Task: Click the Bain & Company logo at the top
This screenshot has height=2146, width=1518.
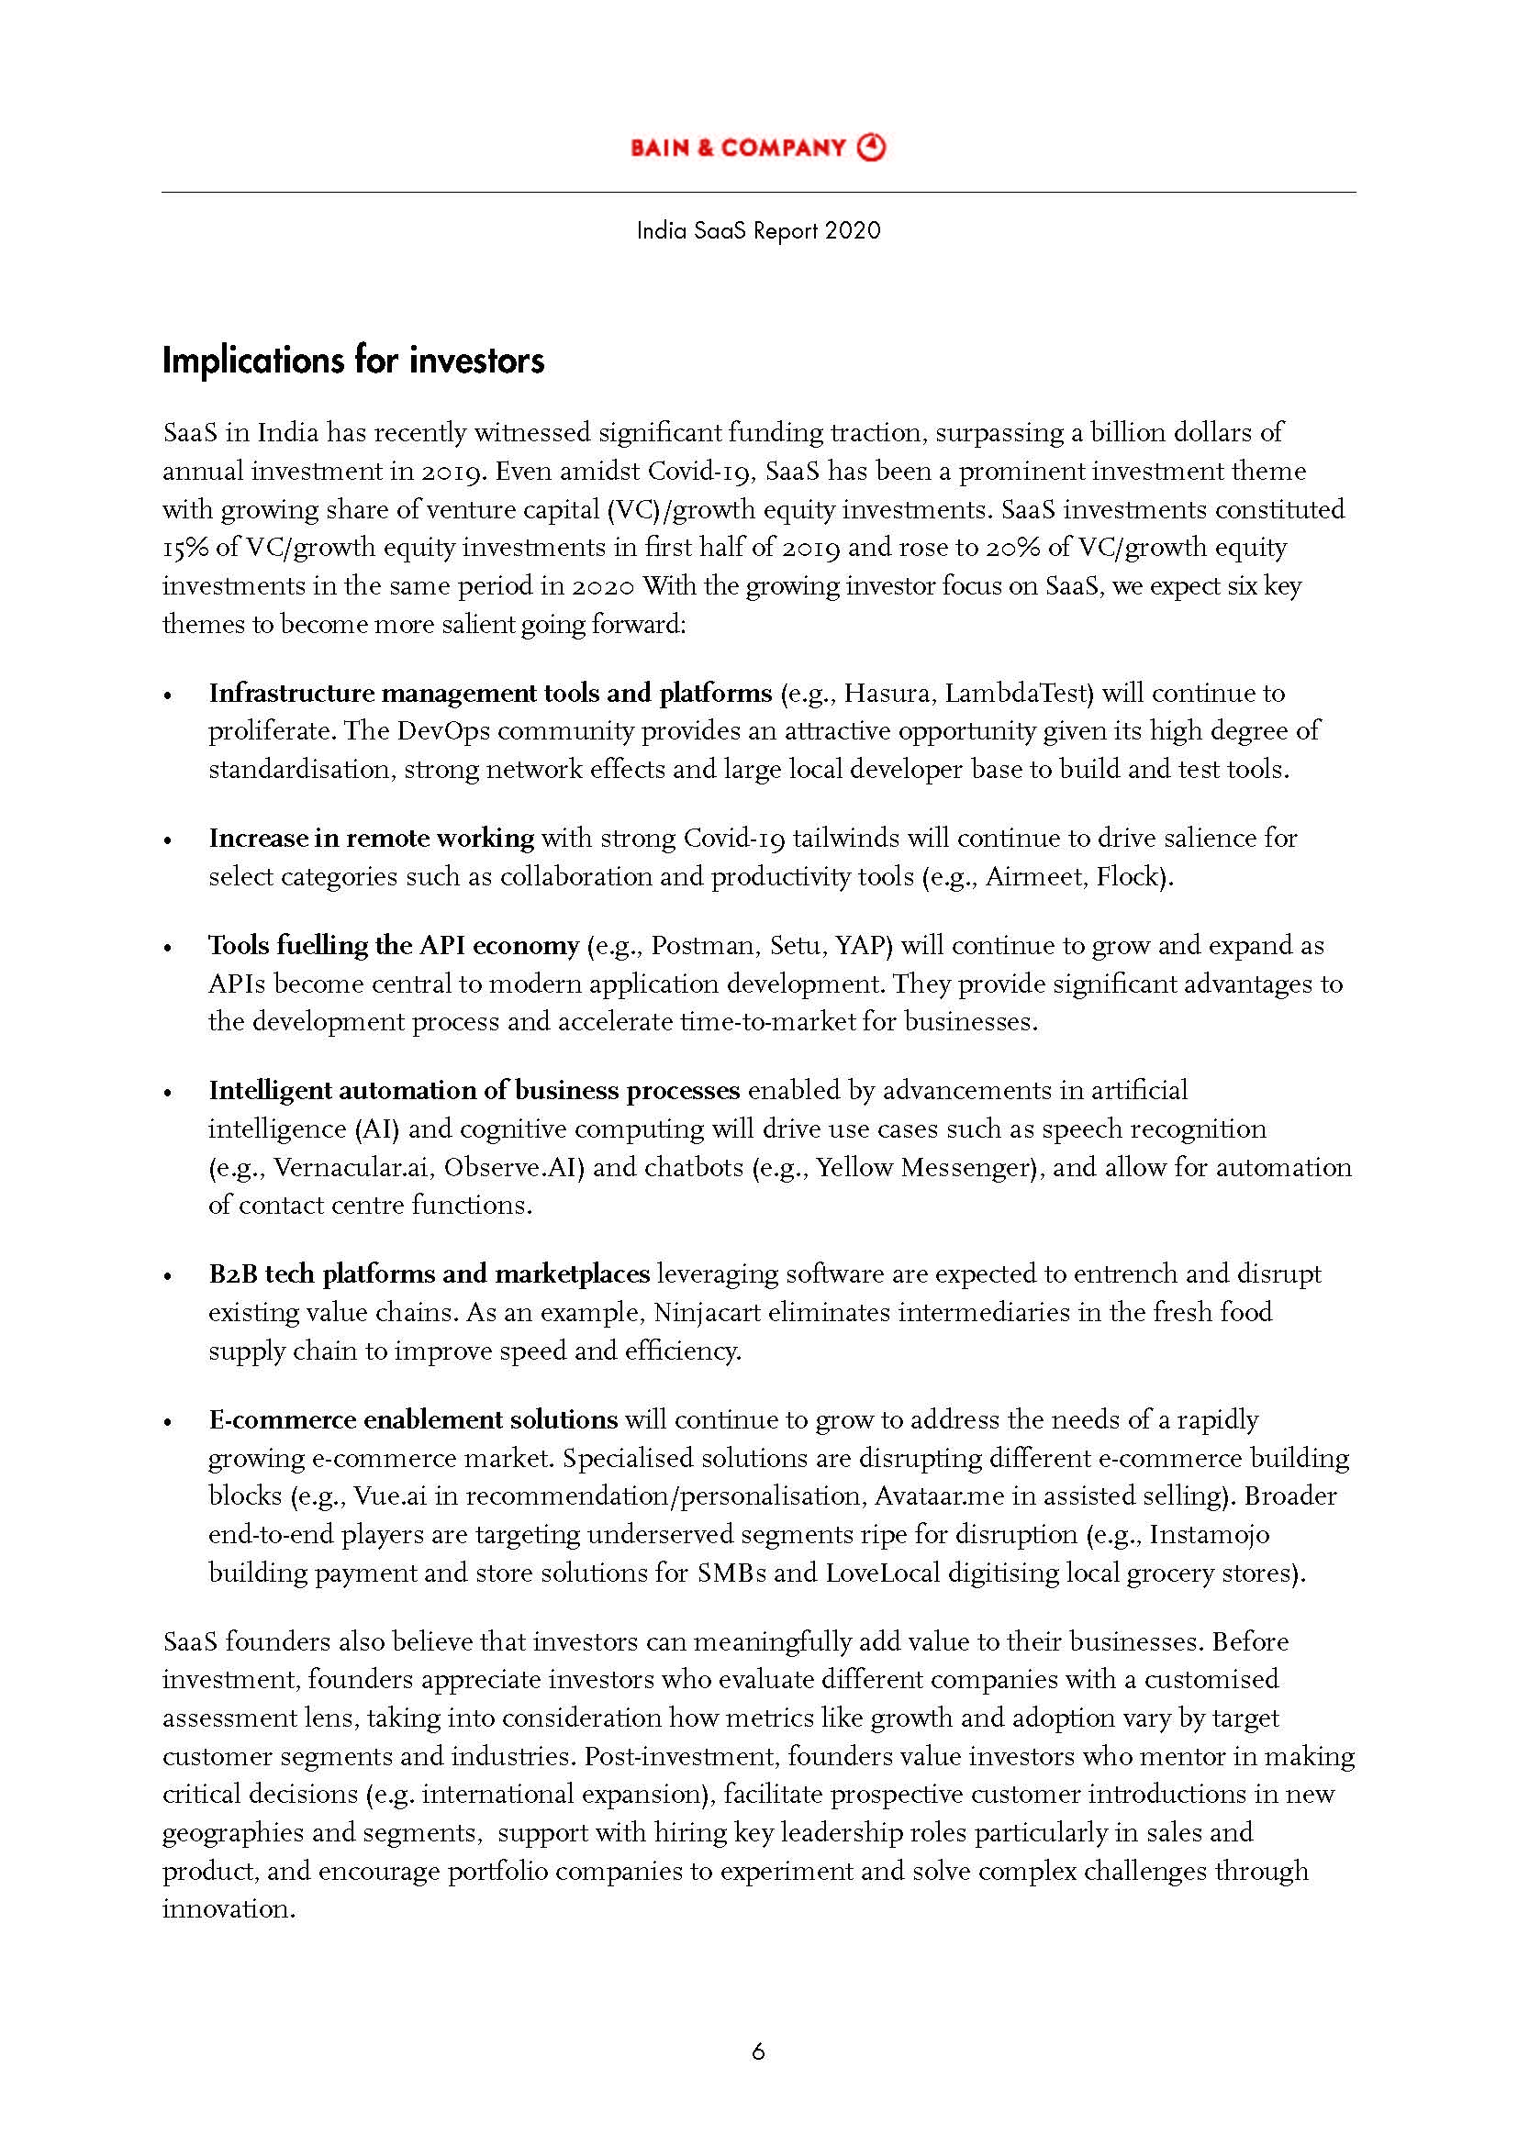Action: pos(757,148)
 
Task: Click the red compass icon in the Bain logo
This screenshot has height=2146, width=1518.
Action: pos(871,148)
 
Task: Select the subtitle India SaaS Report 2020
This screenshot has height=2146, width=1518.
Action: pos(758,231)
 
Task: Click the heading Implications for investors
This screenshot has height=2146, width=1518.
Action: pos(353,361)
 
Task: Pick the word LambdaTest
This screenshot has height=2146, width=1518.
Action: pos(1018,694)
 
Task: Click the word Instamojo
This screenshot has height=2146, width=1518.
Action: pos(1209,1535)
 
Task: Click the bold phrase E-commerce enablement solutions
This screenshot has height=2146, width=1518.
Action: pos(412,1419)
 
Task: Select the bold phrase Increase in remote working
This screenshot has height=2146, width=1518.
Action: pos(371,839)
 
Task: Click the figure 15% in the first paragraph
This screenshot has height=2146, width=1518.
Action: pos(186,548)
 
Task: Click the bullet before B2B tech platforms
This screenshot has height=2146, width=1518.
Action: pos(168,1276)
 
